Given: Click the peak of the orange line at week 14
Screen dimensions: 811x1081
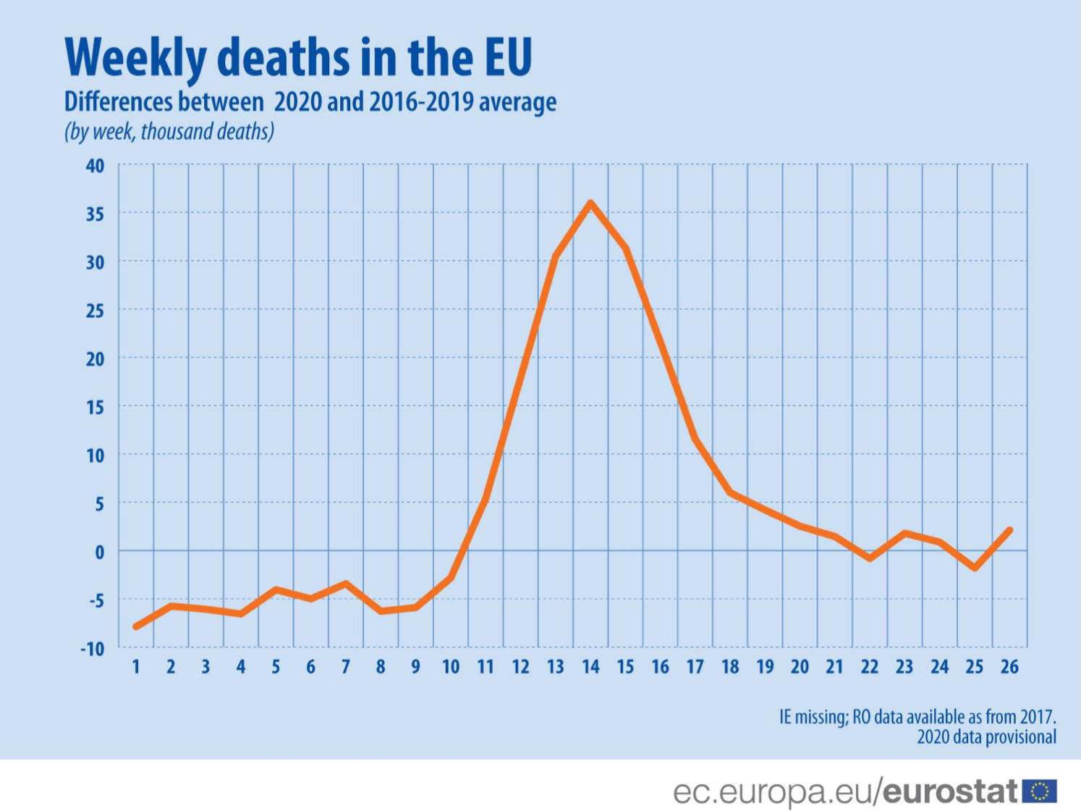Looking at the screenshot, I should coord(590,203).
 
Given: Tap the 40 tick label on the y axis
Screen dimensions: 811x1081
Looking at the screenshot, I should coord(95,166).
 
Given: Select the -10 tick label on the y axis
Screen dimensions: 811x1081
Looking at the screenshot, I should coord(92,649).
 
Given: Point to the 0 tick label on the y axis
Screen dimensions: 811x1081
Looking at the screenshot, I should coord(99,552).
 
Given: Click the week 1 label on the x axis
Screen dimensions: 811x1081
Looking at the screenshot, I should coord(135,667).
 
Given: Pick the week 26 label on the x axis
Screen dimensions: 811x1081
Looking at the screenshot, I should coord(1009,667).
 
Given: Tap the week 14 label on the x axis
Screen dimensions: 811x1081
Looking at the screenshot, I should coord(590,667).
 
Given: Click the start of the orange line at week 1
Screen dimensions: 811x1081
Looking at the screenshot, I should coord(136,626).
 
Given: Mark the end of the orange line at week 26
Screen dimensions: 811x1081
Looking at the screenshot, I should coord(1009,530).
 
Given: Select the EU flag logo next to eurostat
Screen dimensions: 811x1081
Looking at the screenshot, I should coord(1040,791).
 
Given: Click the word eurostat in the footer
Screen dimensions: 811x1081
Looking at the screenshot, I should coord(951,791).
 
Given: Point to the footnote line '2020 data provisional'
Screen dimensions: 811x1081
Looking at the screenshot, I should coord(986,737).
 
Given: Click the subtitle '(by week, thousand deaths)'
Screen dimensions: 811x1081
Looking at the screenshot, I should coord(169,132).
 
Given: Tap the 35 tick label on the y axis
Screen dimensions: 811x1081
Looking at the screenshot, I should coord(95,214).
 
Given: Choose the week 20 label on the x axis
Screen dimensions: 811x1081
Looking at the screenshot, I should coord(800,667).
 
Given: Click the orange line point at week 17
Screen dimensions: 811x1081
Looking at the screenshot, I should coord(695,439).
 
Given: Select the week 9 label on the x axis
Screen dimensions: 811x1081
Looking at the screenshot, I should coord(415,667).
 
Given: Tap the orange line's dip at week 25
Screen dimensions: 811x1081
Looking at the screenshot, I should coord(975,568).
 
